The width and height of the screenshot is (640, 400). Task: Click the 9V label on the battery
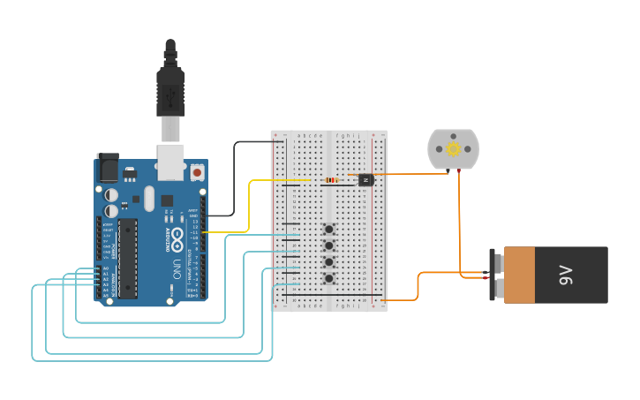pyautogui.click(x=565, y=275)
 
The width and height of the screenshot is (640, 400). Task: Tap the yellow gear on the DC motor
pyautogui.click(x=454, y=148)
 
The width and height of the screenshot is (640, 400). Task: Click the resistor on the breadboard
pyautogui.click(x=332, y=180)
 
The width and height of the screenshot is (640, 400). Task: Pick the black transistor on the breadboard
pyautogui.click(x=366, y=179)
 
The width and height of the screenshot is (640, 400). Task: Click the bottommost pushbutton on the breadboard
pyautogui.click(x=329, y=279)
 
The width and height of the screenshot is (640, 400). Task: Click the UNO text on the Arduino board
pyautogui.click(x=176, y=269)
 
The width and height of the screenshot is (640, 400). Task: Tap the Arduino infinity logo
pyautogui.click(x=177, y=238)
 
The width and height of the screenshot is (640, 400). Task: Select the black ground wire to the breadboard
pyautogui.click(x=234, y=177)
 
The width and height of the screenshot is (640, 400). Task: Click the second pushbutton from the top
pyautogui.click(x=329, y=245)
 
